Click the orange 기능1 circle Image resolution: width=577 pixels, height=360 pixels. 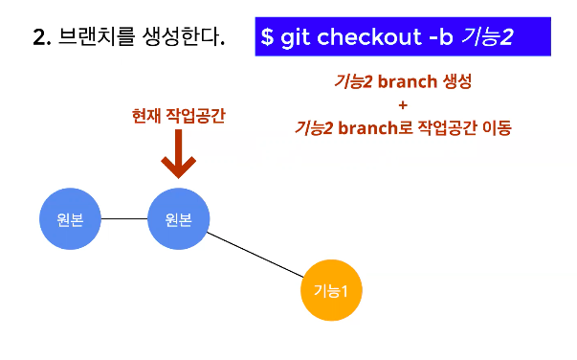pyautogui.click(x=331, y=290)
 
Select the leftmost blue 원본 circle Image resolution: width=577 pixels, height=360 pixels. pyautogui.click(x=70, y=219)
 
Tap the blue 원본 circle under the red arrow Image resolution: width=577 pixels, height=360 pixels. pyautogui.click(x=179, y=219)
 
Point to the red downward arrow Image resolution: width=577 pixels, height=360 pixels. pyautogui.click(x=179, y=154)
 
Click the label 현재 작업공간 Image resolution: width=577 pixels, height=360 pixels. pyautogui.click(x=179, y=116)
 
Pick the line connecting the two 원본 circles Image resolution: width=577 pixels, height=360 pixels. pyautogui.click(x=124, y=218)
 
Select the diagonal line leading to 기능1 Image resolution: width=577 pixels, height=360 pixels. pyautogui.click(x=255, y=255)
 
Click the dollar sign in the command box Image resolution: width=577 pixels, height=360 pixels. pyautogui.click(x=267, y=36)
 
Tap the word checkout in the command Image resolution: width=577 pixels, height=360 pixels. pyautogui.click(x=369, y=36)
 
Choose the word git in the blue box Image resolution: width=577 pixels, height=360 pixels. pyautogui.click(x=295, y=37)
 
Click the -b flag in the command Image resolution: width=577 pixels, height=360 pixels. pyautogui.click(x=441, y=36)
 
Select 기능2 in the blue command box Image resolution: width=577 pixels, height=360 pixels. pyautogui.click(x=488, y=37)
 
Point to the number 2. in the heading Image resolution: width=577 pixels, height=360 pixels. pyautogui.click(x=42, y=37)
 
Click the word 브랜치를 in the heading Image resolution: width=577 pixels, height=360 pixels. pyautogui.click(x=97, y=36)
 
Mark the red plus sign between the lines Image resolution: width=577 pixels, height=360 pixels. pyautogui.click(x=403, y=105)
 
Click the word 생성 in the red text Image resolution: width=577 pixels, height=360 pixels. pyautogui.click(x=457, y=81)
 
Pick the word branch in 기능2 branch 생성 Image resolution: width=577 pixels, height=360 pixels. pyautogui.click(x=408, y=81)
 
